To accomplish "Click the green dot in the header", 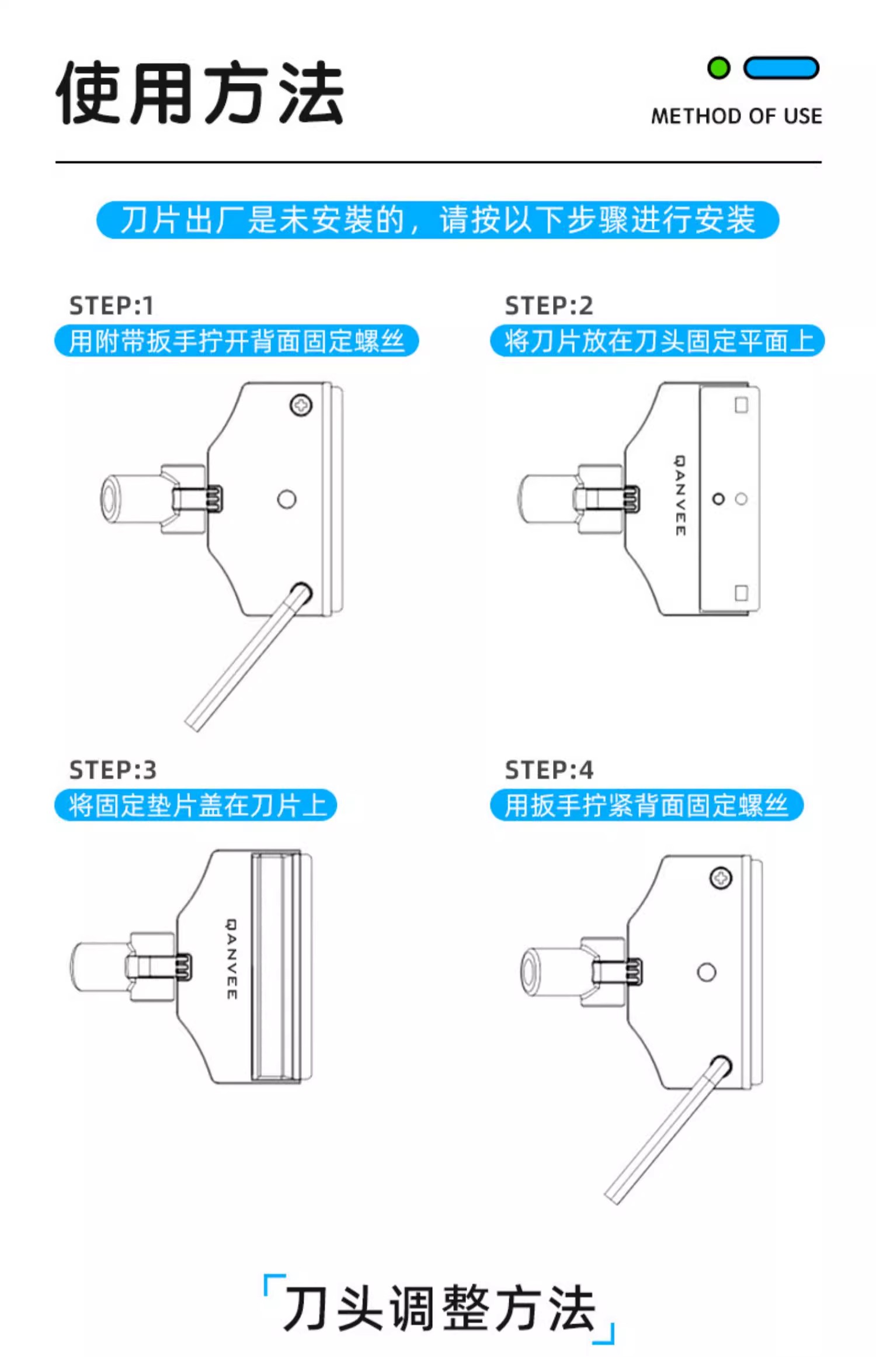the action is (x=718, y=68).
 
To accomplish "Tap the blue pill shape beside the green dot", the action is (x=781, y=68).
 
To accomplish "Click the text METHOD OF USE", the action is (x=736, y=116).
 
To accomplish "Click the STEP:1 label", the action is (x=112, y=306).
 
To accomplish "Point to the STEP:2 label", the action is (x=549, y=306).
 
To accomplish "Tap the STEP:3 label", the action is (x=113, y=770).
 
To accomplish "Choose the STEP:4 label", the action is (x=549, y=770).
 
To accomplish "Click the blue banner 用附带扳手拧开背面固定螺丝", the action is (x=237, y=341).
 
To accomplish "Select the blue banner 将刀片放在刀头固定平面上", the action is (x=658, y=341).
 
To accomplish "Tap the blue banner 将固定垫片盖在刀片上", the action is (x=196, y=805).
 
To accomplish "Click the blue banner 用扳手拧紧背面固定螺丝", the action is (x=647, y=805).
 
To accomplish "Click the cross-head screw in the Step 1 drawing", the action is (x=301, y=405).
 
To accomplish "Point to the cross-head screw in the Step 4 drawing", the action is (x=721, y=878).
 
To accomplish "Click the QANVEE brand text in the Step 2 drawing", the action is (x=680, y=496).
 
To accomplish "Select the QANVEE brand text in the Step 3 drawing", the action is (x=232, y=959).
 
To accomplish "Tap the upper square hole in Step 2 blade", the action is (x=741, y=405).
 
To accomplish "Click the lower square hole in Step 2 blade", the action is (x=741, y=593).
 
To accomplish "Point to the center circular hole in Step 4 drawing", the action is (x=707, y=972).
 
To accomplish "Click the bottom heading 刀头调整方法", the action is (x=439, y=1308).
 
